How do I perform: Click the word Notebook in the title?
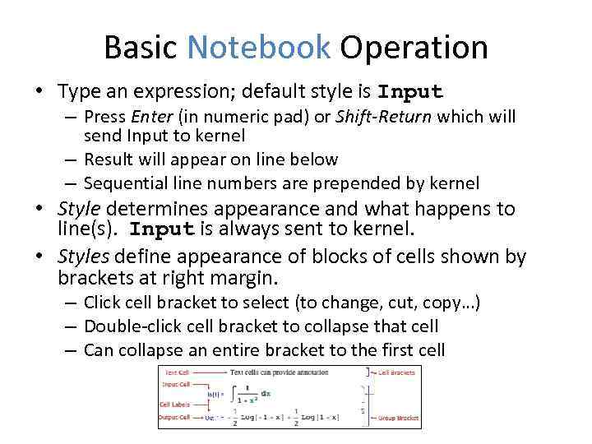(258, 48)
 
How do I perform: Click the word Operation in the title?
(414, 48)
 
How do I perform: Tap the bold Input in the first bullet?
(410, 91)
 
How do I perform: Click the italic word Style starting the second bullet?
(80, 210)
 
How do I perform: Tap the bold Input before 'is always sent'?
(163, 229)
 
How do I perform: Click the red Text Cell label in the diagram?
(173, 372)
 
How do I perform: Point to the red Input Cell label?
(174, 384)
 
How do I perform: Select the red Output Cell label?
(174, 418)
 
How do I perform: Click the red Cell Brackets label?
(395, 372)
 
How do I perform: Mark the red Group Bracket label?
(398, 419)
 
